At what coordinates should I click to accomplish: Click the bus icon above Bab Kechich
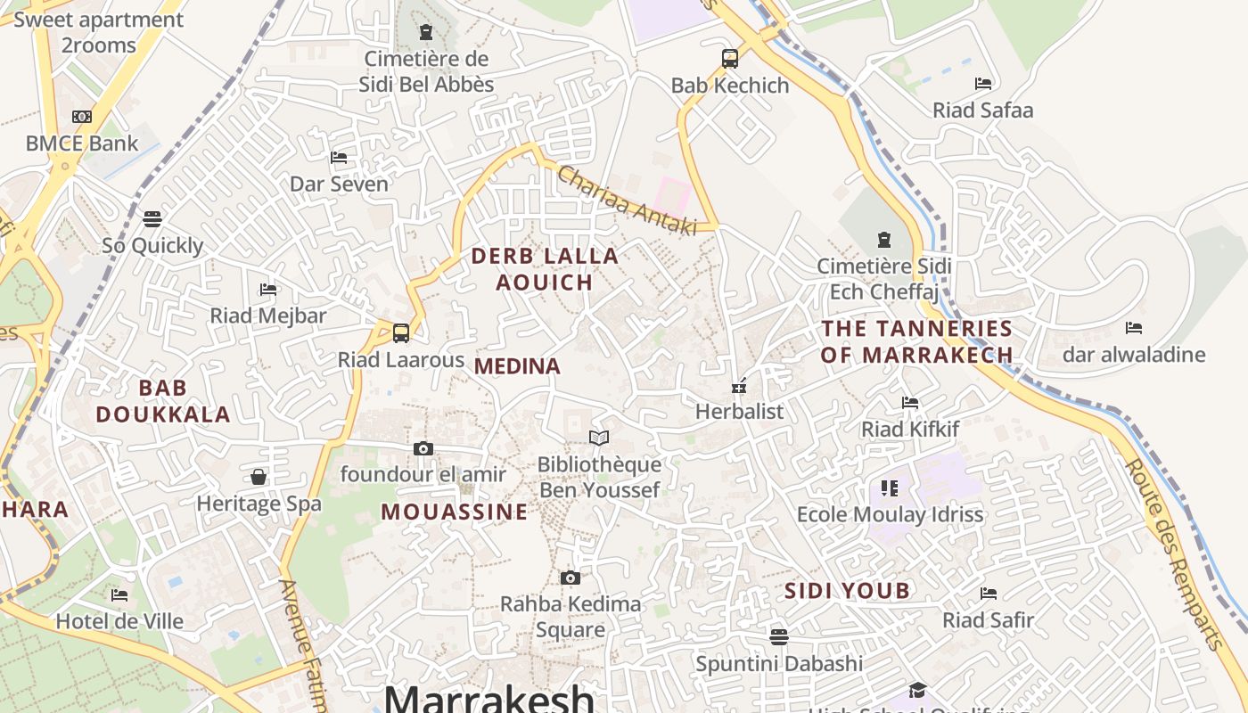pos(730,59)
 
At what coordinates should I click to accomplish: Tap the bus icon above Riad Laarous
pos(401,333)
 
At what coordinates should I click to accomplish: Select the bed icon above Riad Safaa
pos(983,84)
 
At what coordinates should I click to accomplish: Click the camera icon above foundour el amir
pos(423,448)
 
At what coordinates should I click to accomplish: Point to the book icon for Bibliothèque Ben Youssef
pos(599,438)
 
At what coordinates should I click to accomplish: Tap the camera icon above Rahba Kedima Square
pos(571,578)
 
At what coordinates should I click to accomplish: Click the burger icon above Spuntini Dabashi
pos(779,636)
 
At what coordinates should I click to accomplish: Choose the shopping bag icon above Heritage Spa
pos(259,477)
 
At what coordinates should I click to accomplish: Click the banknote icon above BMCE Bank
pos(82,117)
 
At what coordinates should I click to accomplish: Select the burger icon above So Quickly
pos(152,218)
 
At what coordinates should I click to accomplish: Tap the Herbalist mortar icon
pos(739,386)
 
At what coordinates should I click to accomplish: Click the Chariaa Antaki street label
pos(627,201)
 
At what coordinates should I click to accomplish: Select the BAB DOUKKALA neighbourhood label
pos(163,401)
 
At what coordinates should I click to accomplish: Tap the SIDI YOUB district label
pos(847,590)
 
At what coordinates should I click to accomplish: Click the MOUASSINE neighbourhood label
pos(455,512)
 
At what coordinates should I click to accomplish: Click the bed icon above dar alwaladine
pos(1134,328)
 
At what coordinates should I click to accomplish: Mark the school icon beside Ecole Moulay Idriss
pos(889,488)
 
